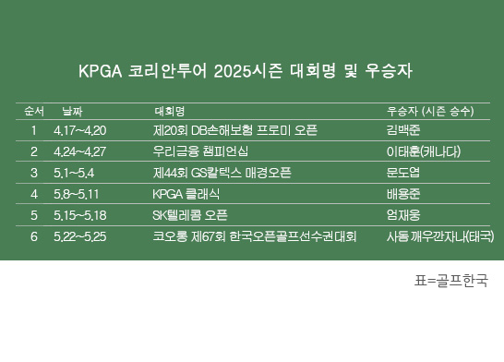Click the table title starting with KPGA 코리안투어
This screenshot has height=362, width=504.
(x=252, y=71)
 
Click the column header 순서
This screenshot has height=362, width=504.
(x=33, y=112)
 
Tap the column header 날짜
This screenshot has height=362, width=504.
(x=69, y=112)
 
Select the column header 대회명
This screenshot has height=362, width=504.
(x=169, y=112)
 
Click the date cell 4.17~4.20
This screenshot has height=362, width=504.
(x=80, y=131)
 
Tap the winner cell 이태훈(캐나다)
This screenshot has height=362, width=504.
(x=423, y=151)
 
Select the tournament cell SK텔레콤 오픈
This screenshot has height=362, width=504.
(x=189, y=215)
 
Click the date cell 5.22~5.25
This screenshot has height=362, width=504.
(x=80, y=236)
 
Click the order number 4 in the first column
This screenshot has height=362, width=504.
(x=33, y=194)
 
